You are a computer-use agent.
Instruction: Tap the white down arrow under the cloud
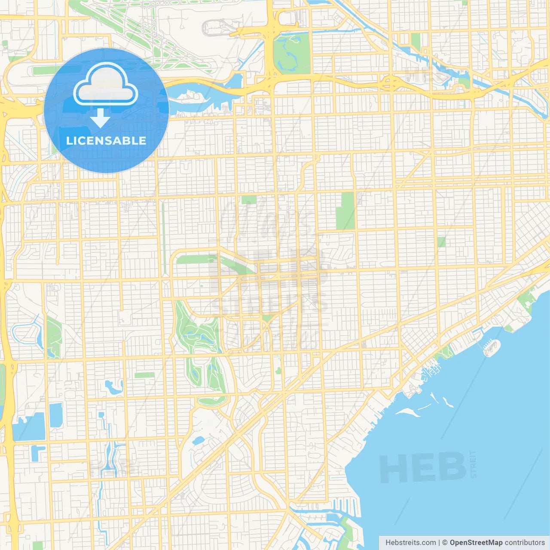tap(100, 118)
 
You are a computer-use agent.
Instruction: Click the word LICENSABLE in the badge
tap(106, 141)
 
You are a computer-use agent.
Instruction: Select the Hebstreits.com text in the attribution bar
tap(410, 543)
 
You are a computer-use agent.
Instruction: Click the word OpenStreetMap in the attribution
tap(476, 543)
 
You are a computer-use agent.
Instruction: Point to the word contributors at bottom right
tap(525, 543)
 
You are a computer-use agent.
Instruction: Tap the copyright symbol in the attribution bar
tap(445, 543)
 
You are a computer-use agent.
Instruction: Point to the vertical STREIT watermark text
tap(474, 464)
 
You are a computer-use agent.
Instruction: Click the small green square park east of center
tap(441, 242)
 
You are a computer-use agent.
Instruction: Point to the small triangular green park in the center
tap(268, 318)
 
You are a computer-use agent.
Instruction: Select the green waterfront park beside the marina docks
tap(445, 352)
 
